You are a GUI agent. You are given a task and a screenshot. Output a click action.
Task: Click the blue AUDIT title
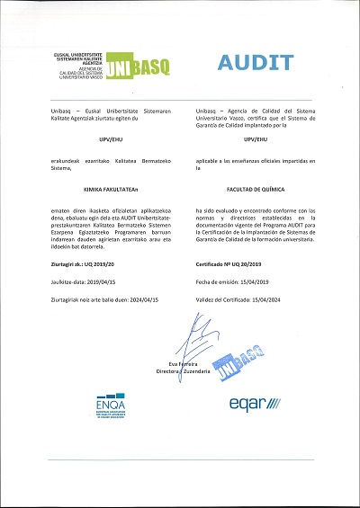(x=256, y=62)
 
